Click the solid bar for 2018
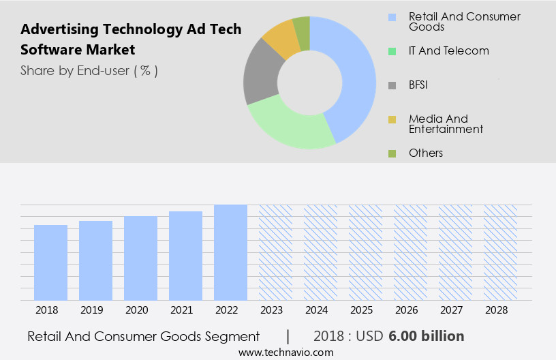(x=51, y=262)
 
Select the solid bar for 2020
(x=141, y=258)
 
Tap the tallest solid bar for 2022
(x=230, y=252)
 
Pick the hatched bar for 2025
(x=365, y=252)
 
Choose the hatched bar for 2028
(x=500, y=252)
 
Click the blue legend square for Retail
(x=392, y=16)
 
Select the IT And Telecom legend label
(x=448, y=50)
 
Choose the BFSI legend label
(x=418, y=85)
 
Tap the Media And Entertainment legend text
(x=446, y=123)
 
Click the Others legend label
(x=426, y=153)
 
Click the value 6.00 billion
(x=427, y=336)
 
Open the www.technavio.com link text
(x=286, y=352)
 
